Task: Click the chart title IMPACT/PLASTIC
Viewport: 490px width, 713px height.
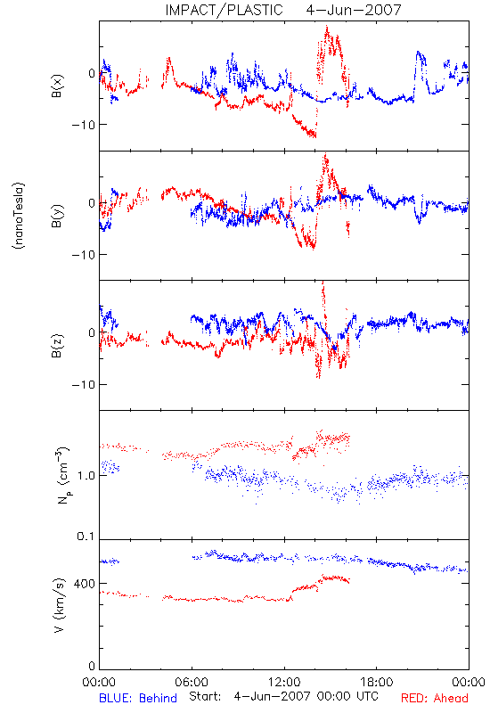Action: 224,10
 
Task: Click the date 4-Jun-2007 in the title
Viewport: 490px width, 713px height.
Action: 354,10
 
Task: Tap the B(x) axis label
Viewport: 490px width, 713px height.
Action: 57,86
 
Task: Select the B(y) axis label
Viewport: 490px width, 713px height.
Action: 57,216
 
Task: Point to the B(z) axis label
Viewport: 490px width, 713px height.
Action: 57,346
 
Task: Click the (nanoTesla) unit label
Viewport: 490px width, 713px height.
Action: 19,216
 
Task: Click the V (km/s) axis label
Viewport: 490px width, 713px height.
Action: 59,605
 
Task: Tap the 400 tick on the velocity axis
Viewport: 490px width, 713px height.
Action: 85,584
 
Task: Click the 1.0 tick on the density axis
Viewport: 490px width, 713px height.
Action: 86,476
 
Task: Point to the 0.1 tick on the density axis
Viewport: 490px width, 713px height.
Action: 86,537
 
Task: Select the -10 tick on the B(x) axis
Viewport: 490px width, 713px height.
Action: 83,125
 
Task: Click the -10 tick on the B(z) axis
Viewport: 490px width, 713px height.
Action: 83,385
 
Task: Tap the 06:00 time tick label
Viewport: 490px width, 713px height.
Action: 192,682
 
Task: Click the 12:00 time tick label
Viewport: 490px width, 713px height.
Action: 284,682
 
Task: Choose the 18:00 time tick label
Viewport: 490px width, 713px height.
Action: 377,682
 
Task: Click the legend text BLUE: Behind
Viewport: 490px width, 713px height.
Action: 138,699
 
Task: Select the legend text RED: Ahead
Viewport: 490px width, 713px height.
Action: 435,699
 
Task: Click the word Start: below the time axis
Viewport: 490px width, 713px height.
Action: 205,696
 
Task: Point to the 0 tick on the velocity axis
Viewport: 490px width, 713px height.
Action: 92,666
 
